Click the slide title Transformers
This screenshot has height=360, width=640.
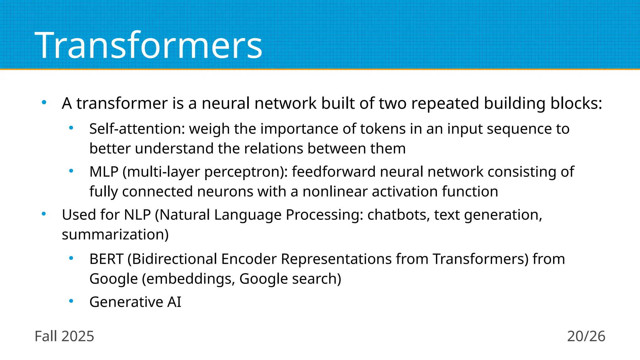pyautogui.click(x=148, y=45)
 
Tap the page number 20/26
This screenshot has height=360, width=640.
pyautogui.click(x=586, y=336)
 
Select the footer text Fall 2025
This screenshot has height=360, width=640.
pyautogui.click(x=64, y=336)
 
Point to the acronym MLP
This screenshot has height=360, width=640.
pyautogui.click(x=104, y=172)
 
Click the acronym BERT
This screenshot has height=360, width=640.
pyautogui.click(x=106, y=259)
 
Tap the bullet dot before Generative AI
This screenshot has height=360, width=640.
pyautogui.click(x=71, y=301)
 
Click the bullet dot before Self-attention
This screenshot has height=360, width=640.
pyautogui.click(x=71, y=127)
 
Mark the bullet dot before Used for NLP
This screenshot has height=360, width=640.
pyautogui.click(x=44, y=214)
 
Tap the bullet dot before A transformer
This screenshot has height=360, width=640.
pyautogui.click(x=44, y=102)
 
